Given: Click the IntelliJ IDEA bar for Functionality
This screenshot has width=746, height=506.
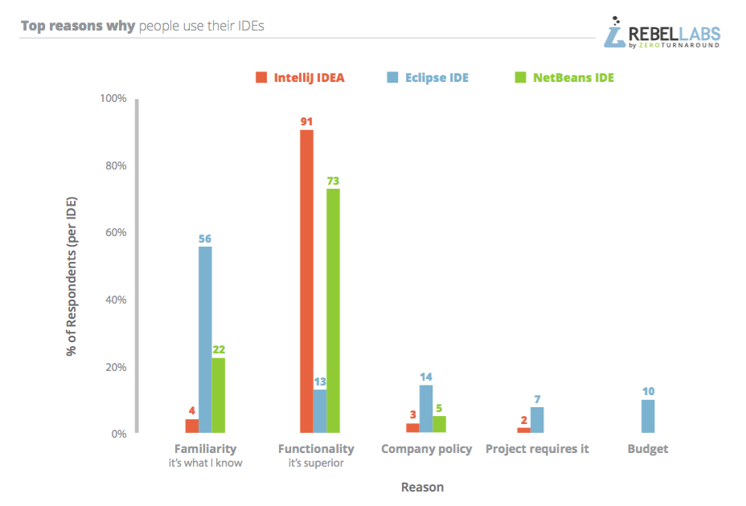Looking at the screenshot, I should pos(306,281).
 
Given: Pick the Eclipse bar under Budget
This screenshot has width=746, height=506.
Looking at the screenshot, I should pos(648,417).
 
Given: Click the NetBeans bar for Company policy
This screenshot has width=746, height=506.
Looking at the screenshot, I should pos(439,425).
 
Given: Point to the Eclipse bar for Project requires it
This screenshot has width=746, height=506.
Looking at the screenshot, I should pos(537,420).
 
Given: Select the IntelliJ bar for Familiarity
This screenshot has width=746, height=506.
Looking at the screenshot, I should pos(191,426).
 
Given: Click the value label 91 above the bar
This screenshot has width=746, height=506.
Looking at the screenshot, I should pos(306,122).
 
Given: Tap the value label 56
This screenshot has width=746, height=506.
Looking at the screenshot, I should pos(205,239).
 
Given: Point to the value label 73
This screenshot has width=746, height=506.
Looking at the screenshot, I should pos(333,181).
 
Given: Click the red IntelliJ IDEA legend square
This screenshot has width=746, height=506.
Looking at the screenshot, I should pos(261,78).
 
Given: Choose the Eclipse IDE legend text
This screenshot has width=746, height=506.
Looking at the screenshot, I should pos(437,78).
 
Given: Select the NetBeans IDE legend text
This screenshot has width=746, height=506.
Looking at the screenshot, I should pos(573,78).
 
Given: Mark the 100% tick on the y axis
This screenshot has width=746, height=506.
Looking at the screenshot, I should pos(113,98).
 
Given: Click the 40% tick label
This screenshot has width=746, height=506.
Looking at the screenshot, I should pos(116,300).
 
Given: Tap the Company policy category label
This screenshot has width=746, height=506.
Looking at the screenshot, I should pos(426,449).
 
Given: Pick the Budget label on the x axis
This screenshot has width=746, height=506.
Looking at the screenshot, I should pos(648,449).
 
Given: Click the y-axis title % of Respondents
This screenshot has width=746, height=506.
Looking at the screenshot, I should pos(72,275).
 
